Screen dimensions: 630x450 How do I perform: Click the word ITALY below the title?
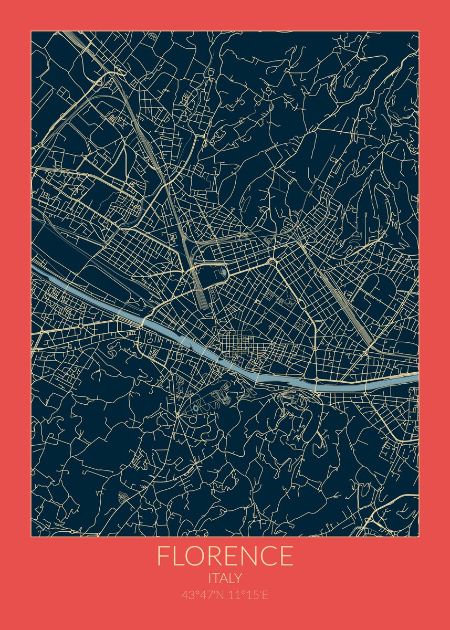[225, 579]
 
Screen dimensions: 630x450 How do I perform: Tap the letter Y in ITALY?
[238, 579]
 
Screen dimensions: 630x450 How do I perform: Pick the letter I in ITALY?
[210, 579]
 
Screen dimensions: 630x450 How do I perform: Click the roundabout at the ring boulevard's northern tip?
[272, 261]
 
